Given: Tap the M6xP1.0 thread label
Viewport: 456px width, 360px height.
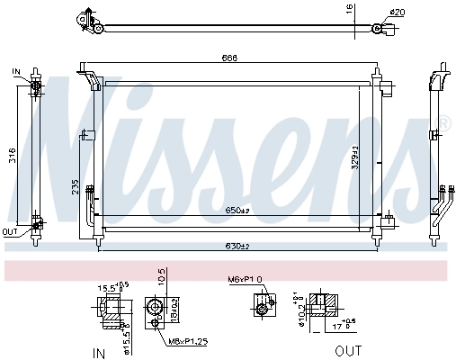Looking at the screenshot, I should coord(244,279).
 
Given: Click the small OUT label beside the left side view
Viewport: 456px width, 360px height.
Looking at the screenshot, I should coord(10,232).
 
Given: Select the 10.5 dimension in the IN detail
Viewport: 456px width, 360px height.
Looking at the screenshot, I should coord(162,275).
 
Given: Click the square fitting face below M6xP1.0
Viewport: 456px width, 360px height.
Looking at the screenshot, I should coord(262,309).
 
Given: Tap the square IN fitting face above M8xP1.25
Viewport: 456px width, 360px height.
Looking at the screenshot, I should coord(158,309).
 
